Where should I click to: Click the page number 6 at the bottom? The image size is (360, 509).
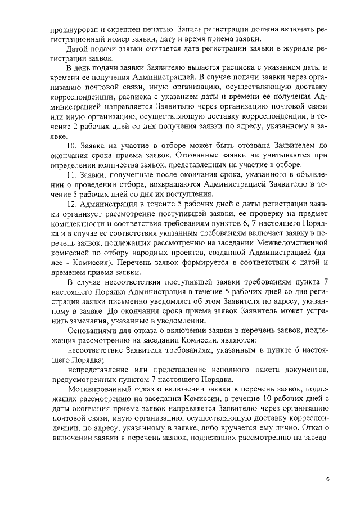pos(327,479)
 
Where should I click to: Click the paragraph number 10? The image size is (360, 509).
pos(72,145)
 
